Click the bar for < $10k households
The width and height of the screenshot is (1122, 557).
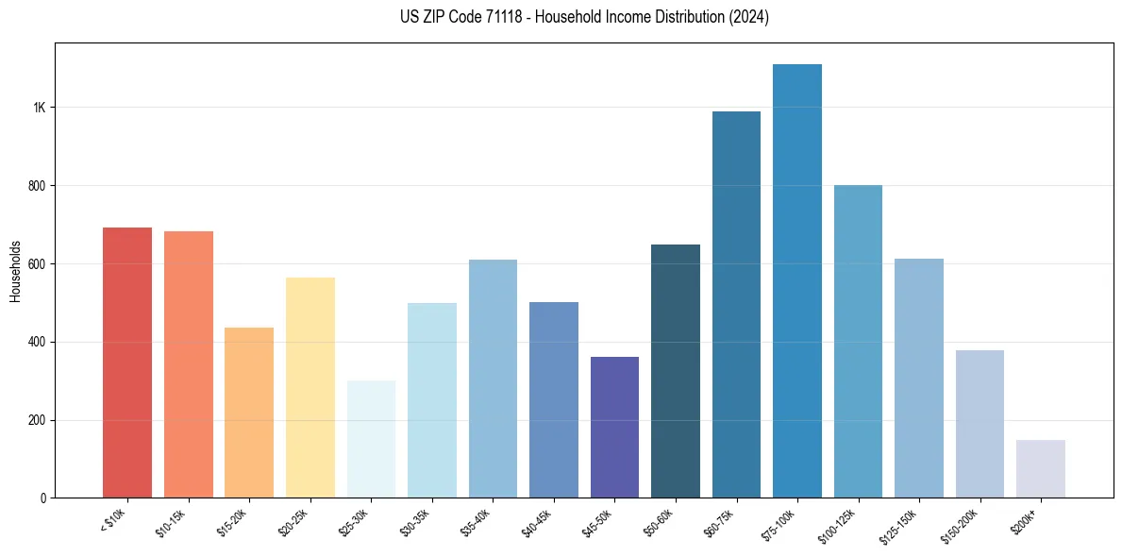pos(127,363)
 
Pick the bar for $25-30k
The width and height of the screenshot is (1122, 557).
pos(371,439)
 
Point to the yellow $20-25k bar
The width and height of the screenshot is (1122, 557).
pos(310,388)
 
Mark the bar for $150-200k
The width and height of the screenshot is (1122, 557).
pos(980,424)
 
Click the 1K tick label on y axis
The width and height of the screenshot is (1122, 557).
pos(39,108)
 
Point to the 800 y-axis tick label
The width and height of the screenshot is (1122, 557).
pos(37,186)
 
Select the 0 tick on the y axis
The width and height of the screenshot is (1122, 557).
pos(43,498)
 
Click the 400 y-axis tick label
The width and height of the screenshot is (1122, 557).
pos(37,342)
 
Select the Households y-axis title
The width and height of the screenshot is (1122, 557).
pos(15,270)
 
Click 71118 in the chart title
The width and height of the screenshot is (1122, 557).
pos(500,17)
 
